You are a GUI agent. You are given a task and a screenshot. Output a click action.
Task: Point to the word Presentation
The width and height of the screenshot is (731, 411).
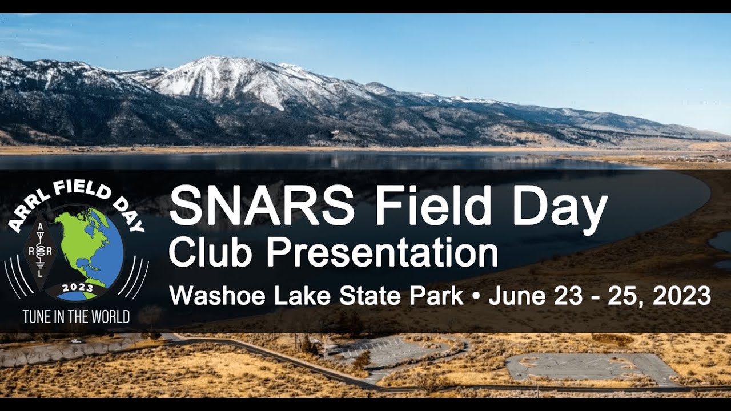(x=383, y=253)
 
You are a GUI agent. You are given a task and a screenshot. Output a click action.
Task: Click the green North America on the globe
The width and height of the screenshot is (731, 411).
(x=80, y=240)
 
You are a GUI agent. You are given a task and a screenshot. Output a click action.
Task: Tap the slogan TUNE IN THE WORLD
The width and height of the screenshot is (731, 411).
(x=76, y=317)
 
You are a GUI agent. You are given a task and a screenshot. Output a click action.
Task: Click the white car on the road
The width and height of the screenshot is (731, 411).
(x=76, y=341)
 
